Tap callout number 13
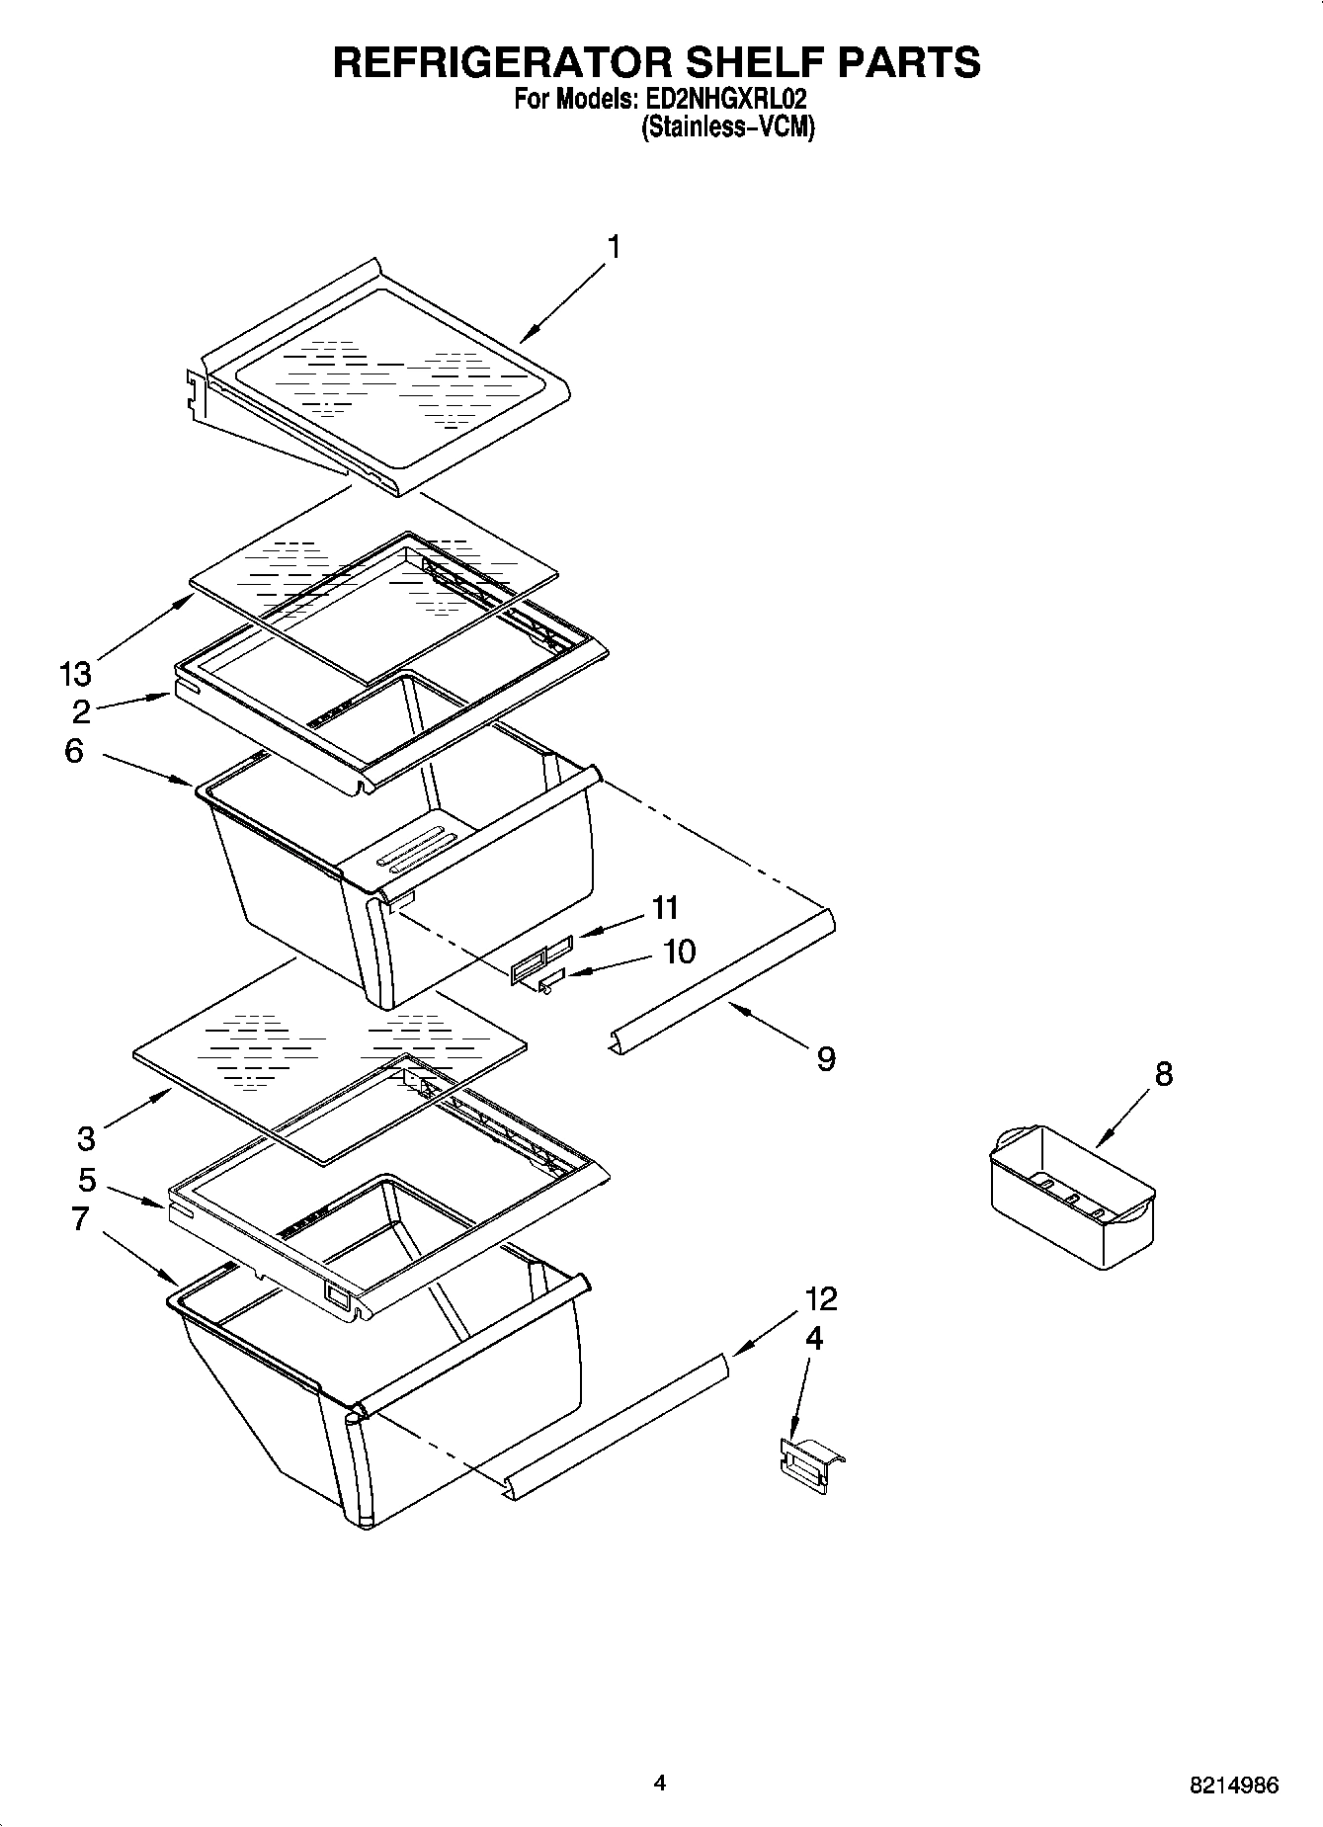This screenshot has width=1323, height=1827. [75, 675]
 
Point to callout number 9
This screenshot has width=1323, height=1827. [826, 1059]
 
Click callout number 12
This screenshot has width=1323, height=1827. [821, 1298]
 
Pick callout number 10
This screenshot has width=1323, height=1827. [679, 952]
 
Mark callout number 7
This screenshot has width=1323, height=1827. [81, 1218]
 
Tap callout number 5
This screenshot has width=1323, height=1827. [86, 1180]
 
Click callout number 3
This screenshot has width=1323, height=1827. [86, 1138]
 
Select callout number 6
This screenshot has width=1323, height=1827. [74, 751]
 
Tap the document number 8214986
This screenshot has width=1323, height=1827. [1233, 1785]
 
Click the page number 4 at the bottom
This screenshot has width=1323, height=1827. [660, 1783]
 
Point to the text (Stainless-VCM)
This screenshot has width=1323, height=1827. [728, 127]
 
